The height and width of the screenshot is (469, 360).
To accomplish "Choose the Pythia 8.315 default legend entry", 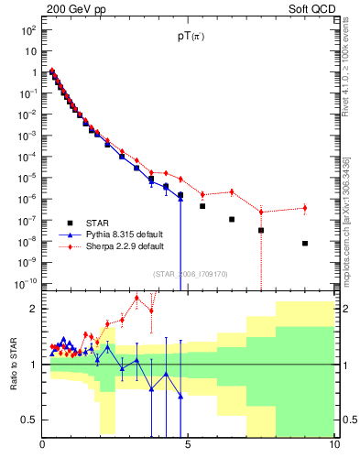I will pyautogui.click(x=125, y=234).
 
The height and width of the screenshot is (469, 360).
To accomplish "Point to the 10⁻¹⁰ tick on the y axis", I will pyautogui.click(x=27, y=284).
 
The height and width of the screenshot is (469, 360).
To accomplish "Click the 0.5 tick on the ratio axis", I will pyautogui.click(x=27, y=420).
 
